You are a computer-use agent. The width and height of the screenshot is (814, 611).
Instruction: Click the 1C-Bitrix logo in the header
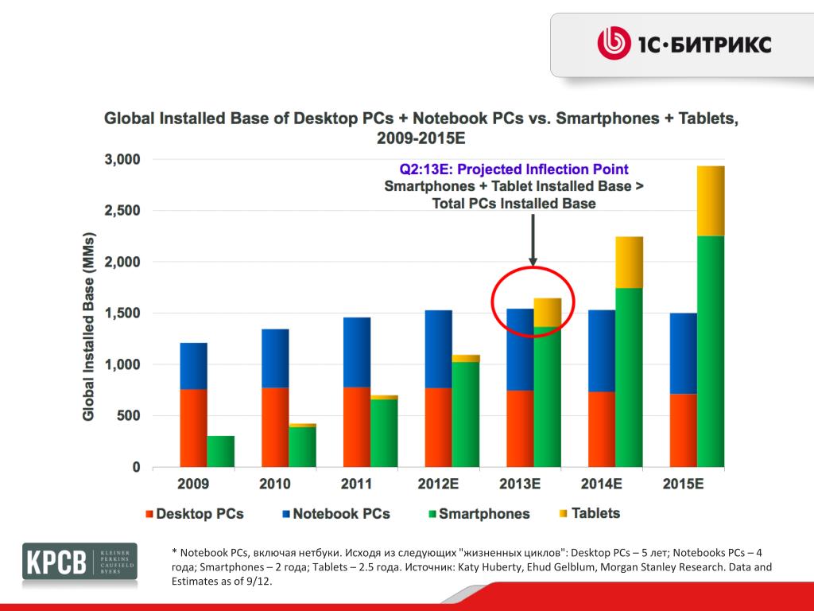(684, 45)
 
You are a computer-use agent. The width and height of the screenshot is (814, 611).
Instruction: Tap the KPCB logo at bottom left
(79, 562)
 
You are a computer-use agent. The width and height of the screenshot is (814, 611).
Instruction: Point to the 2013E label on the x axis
(519, 484)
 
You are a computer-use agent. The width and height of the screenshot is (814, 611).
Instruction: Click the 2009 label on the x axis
(193, 484)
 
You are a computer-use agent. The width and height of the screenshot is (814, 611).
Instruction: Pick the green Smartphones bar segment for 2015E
(711, 350)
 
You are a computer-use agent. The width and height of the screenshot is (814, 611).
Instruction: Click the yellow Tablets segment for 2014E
(629, 262)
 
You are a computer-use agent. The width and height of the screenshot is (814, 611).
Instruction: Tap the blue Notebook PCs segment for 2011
(356, 352)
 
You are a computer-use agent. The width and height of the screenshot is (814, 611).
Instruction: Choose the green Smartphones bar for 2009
(220, 451)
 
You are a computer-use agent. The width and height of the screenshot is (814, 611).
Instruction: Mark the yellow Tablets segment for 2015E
(711, 200)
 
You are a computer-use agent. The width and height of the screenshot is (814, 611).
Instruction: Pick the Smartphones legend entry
(477, 514)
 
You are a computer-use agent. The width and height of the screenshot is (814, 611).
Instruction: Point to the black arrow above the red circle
(533, 239)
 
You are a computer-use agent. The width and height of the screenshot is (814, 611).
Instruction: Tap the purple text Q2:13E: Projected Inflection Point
(514, 169)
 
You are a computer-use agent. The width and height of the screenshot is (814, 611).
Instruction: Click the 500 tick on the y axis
(129, 416)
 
